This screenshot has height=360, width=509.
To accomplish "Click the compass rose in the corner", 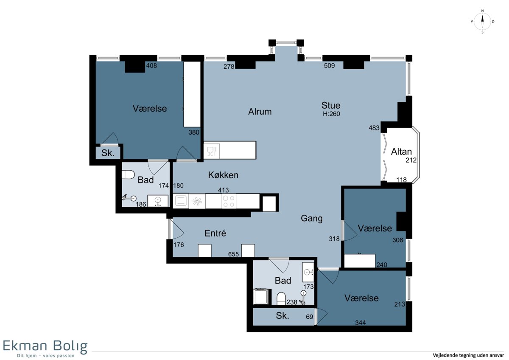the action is tap(482, 22).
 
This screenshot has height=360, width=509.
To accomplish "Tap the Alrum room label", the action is tap(260, 112).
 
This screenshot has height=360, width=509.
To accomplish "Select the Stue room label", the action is tap(331, 105).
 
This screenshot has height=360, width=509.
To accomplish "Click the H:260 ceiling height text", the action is tap(331, 114).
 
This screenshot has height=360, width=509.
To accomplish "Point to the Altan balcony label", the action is tap(401, 152).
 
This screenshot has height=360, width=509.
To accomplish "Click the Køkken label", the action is tap(223, 175).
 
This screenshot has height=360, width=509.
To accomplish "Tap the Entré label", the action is tap(215, 233).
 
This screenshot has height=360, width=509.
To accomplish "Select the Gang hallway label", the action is tap(311, 219).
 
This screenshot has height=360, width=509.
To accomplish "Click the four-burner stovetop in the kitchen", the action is tap(229, 201).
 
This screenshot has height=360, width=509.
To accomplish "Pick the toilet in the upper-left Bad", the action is tap(128, 174).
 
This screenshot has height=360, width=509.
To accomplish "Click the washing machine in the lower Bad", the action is tap(261, 297).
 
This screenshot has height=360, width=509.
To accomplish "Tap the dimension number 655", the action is tap(233, 254).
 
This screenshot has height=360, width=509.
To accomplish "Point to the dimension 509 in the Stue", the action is tap(329, 66).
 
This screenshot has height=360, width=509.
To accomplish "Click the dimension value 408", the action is tap(151, 66).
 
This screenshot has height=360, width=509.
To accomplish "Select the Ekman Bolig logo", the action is tap(45, 349).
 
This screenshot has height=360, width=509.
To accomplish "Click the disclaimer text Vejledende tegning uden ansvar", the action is tap(468, 355).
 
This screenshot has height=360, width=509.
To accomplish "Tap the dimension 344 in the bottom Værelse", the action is tap(361, 323).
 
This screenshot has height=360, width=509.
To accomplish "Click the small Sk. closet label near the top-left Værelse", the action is tap(108, 153).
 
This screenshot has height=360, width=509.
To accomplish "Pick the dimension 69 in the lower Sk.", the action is tap(310, 317).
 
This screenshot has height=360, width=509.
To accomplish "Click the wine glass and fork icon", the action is tap(211, 151).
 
